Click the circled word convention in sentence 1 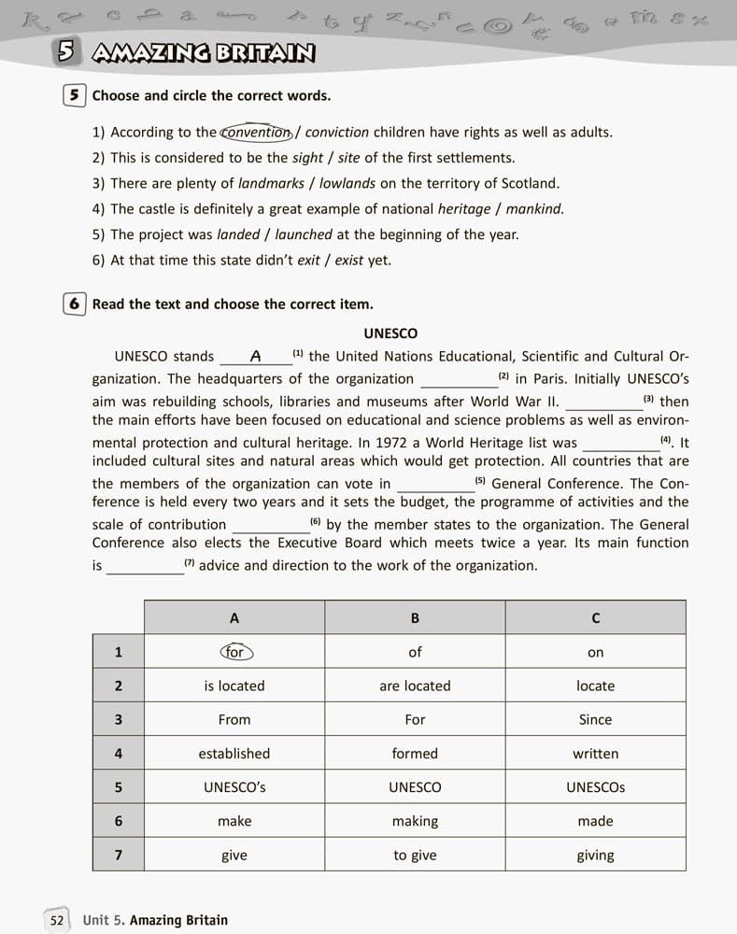click(257, 133)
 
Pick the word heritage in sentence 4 click(464, 209)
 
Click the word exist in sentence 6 click(348, 261)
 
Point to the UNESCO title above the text click(390, 333)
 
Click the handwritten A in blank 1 click(255, 357)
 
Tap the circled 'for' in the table click(234, 652)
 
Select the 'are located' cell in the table click(415, 686)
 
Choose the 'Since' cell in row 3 click(595, 720)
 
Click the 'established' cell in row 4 click(234, 754)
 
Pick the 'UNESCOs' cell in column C click(595, 787)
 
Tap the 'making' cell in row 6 click(415, 821)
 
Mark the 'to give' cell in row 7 click(415, 856)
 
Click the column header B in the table click(415, 618)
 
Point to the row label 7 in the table click(118, 856)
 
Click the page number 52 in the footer click(57, 920)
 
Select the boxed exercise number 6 click(74, 304)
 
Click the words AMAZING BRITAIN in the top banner click(204, 54)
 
